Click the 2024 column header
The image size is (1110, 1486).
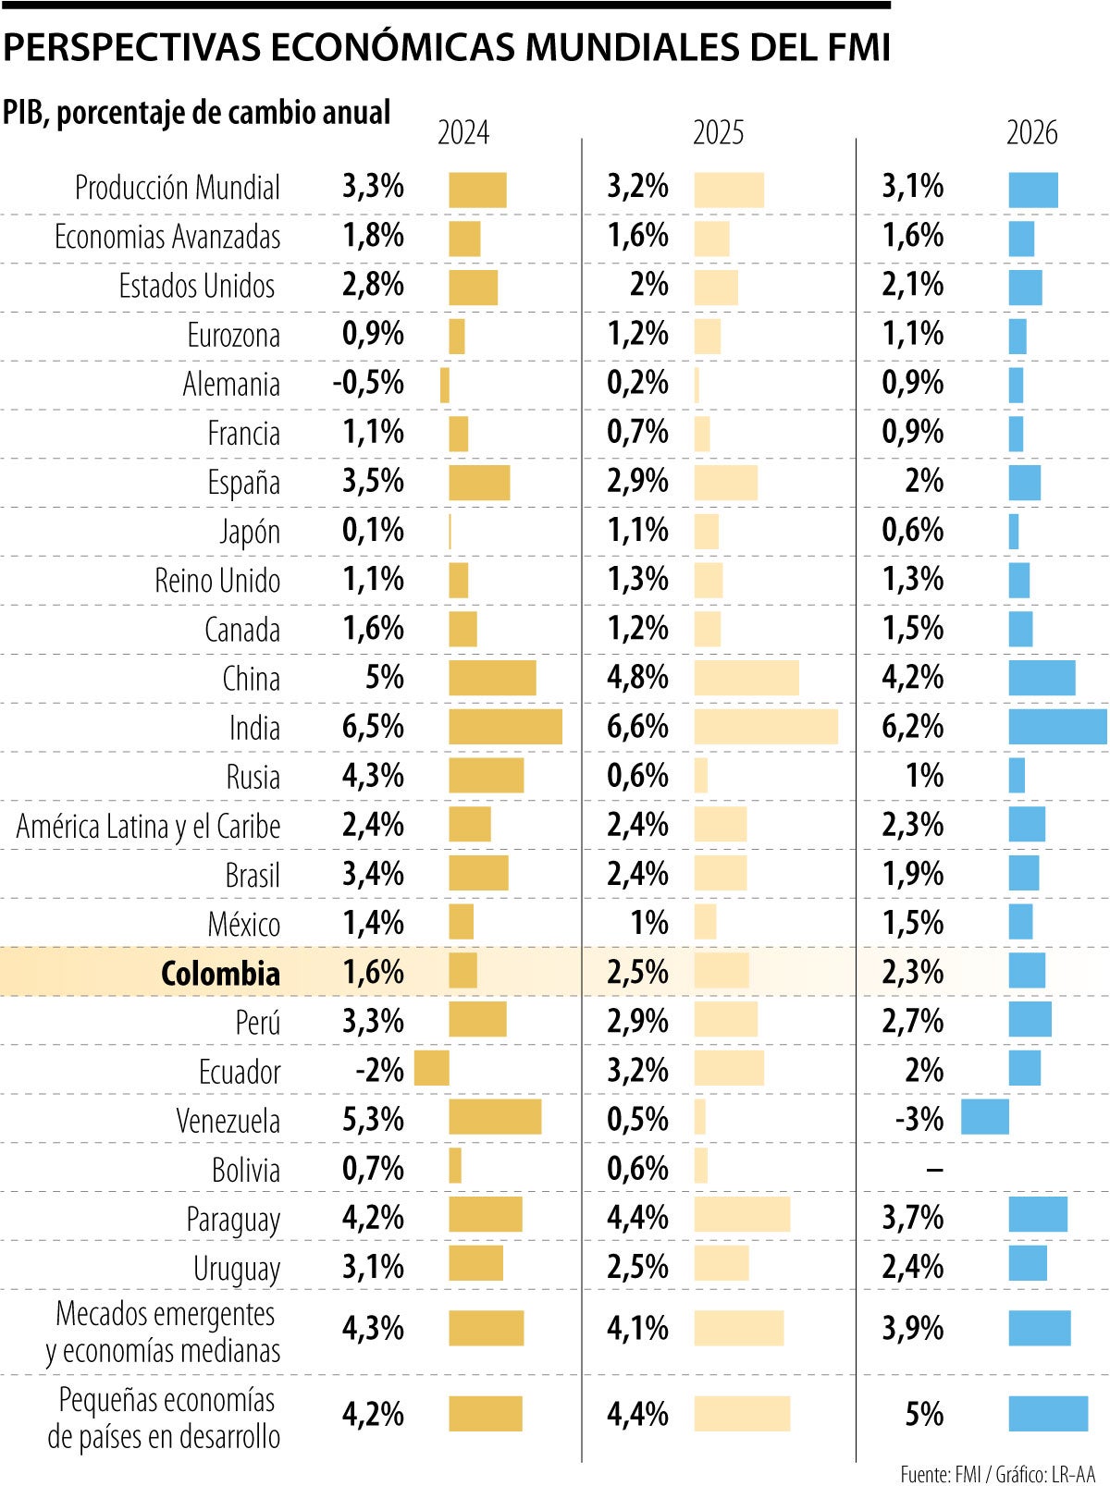[x=462, y=133]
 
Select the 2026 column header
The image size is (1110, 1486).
[x=1031, y=133]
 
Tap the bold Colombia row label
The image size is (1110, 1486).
[x=220, y=974]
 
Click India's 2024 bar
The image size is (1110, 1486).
[x=505, y=727]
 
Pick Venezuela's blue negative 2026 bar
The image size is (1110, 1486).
[x=985, y=1117]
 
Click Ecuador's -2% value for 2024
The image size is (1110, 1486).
[x=380, y=1070]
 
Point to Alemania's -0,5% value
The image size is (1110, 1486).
[x=369, y=383]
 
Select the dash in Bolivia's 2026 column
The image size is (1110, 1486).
[x=934, y=1170]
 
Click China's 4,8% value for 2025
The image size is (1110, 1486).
[x=637, y=678]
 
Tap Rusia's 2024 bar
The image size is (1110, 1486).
[x=487, y=776]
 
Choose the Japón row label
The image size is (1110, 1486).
[x=250, y=532]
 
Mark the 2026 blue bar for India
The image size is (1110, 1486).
[x=1057, y=727]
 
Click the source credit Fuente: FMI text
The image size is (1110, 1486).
[x=940, y=1473]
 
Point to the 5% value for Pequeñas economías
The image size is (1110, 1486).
[x=924, y=1414]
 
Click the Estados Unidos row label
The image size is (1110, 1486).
[x=197, y=286]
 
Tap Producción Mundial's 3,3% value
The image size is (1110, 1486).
[x=373, y=187]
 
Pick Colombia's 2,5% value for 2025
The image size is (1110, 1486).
[x=637, y=972]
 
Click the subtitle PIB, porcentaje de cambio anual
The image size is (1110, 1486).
[x=196, y=113]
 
